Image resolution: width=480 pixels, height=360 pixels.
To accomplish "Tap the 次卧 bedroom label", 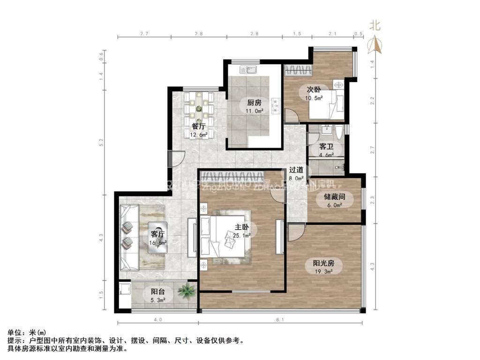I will [314, 90].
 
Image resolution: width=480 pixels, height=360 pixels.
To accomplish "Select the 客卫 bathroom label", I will [326, 147].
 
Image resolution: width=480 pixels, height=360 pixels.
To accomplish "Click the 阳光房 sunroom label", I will [323, 263].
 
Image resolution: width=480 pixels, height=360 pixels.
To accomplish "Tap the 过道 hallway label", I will [296, 170].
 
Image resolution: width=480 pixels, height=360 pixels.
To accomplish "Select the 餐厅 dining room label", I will [198, 127].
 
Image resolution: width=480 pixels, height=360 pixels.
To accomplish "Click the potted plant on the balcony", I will [187, 291].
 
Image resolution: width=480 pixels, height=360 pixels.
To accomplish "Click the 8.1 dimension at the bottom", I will [279, 320].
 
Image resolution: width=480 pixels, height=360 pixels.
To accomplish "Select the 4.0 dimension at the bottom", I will [157, 320].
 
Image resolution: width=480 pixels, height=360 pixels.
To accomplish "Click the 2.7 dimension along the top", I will [144, 34].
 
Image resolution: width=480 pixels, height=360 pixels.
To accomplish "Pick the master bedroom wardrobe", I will [231, 177].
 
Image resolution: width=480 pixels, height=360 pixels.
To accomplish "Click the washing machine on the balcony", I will [125, 295].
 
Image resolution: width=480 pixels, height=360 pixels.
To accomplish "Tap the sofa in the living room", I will [128, 238].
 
